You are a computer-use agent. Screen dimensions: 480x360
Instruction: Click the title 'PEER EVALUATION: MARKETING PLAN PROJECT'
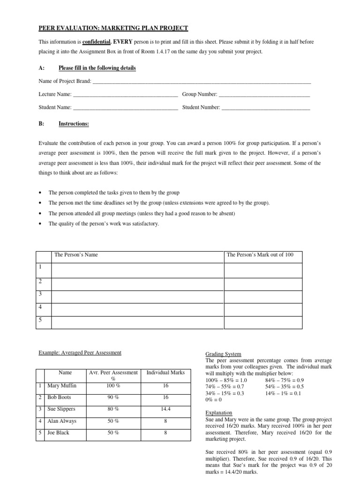pyautogui.click(x=113, y=28)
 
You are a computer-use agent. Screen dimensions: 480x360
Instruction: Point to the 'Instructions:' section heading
pyautogui.click(x=74, y=124)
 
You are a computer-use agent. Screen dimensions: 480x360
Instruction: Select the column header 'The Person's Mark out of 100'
pyautogui.click(x=260, y=255)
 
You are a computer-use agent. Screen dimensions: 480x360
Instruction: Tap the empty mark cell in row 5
pyautogui.click(x=263, y=322)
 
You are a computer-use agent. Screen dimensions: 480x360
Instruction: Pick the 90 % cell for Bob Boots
pyautogui.click(x=113, y=397)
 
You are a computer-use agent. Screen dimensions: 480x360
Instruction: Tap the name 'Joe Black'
pyautogui.click(x=58, y=433)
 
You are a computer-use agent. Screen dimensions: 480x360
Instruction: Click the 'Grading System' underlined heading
pyautogui.click(x=224, y=354)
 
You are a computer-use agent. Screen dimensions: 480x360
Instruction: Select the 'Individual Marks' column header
pyautogui.click(x=165, y=373)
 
